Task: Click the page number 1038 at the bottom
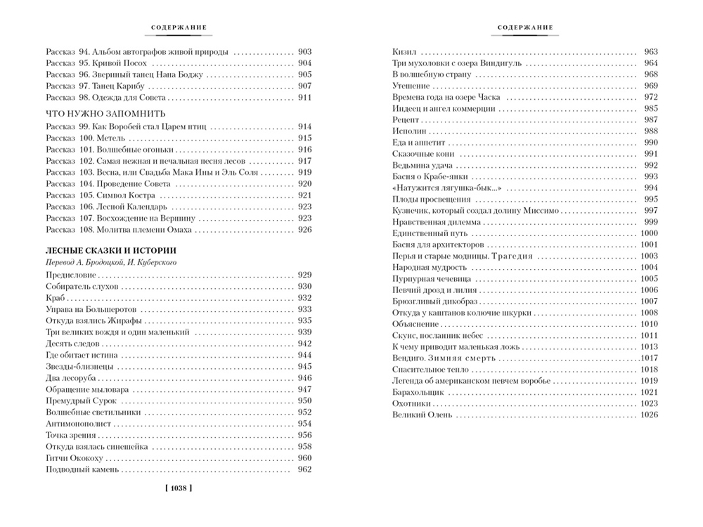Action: click(x=178, y=487)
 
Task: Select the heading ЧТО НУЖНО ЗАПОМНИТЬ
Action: click(x=105, y=112)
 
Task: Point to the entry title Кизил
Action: click(x=404, y=51)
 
